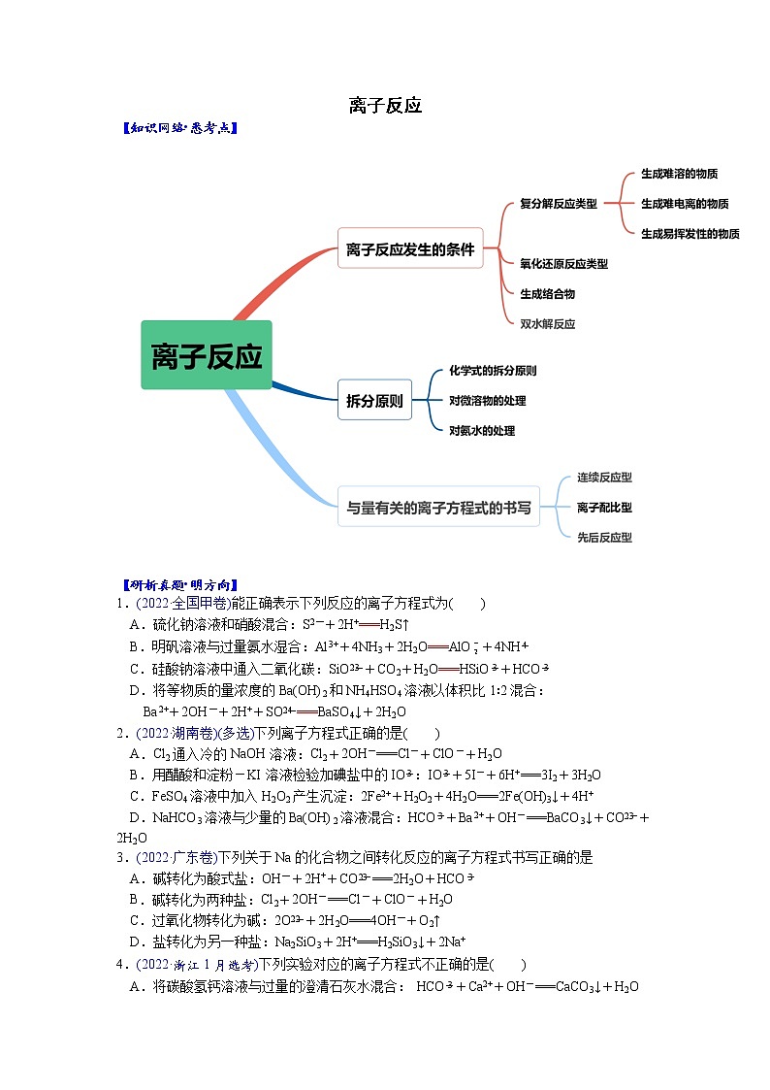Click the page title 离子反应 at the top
(x=385, y=105)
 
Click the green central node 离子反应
(x=207, y=355)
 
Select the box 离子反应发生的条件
(x=410, y=249)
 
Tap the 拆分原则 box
(x=374, y=400)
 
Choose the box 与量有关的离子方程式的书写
(x=438, y=507)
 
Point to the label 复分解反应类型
(x=559, y=204)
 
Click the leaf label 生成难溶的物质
(x=679, y=174)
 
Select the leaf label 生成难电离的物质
(x=685, y=204)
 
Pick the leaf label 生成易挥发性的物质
(x=690, y=234)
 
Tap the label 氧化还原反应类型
(x=563, y=264)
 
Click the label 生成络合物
(x=547, y=294)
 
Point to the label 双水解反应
(x=547, y=324)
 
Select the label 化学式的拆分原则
(x=493, y=371)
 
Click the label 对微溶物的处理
(x=487, y=401)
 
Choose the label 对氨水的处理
(x=482, y=431)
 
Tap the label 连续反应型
(x=604, y=478)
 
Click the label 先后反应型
(x=604, y=537)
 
